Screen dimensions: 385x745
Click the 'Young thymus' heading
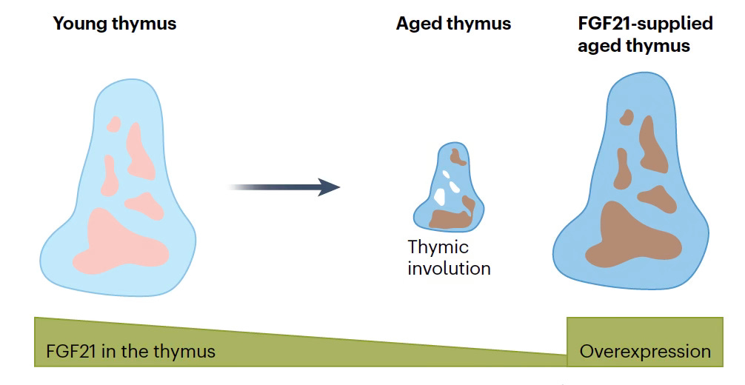tap(115, 24)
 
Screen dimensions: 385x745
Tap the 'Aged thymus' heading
tap(453, 24)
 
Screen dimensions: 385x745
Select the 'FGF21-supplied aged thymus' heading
tap(644, 34)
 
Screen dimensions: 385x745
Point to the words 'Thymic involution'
tap(449, 257)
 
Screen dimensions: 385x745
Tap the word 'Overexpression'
tap(644, 351)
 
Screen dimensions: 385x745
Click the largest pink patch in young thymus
tap(118, 241)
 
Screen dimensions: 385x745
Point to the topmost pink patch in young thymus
tap(113, 124)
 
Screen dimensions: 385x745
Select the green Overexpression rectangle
tap(644, 341)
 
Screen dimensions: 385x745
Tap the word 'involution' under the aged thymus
tap(449, 267)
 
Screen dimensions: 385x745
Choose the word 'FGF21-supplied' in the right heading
tap(644, 24)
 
